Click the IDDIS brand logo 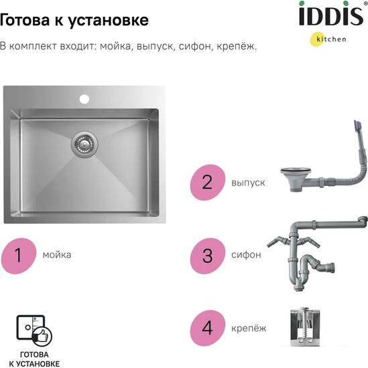tap(331, 15)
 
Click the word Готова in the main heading tap(25, 19)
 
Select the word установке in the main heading tap(109, 21)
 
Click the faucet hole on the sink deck tap(84, 99)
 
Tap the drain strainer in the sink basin tap(84, 144)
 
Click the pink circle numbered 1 tap(19, 256)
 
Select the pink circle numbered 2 tap(207, 183)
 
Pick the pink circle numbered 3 tap(208, 256)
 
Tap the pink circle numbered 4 tap(207, 328)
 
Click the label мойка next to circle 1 tap(57, 255)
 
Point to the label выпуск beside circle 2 tap(248, 183)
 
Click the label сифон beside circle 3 tap(246, 255)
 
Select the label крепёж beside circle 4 tap(249, 328)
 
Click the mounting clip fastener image tap(305, 327)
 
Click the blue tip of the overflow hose tap(357, 127)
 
